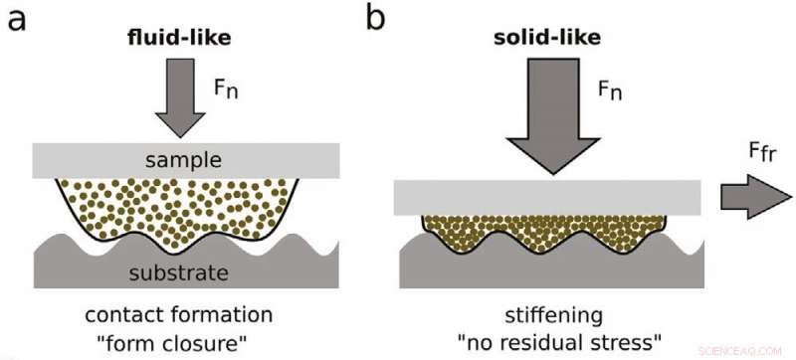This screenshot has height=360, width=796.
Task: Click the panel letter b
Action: pos(376,19)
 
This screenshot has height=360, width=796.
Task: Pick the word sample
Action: pos(185,159)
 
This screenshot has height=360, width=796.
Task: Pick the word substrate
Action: pos(185,272)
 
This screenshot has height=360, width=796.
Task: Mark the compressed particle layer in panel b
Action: pos(543,232)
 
